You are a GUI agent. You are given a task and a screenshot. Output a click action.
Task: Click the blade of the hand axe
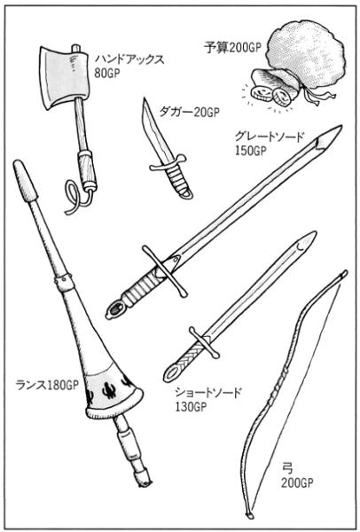click(x=64, y=76)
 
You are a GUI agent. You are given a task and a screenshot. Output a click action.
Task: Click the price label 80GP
click(x=107, y=73)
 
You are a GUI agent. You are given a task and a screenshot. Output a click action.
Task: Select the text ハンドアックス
click(x=129, y=59)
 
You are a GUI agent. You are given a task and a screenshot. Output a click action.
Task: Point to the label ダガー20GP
click(x=189, y=112)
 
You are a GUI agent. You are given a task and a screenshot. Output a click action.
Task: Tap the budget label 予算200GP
click(x=233, y=48)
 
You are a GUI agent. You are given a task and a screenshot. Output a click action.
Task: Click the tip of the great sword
click(x=341, y=126)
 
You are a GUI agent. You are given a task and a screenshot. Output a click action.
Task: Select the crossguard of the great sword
click(x=165, y=271)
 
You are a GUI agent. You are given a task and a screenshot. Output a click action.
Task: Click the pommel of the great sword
click(x=114, y=310)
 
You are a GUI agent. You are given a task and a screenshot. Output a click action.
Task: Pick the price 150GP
click(x=250, y=151)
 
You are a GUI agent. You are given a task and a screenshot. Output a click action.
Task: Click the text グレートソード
click(x=269, y=137)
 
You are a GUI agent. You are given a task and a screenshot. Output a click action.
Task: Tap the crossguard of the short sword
click(x=204, y=342)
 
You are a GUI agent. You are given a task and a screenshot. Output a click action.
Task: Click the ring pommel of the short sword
click(x=172, y=373)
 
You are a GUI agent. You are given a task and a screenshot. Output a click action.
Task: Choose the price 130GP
click(x=191, y=406)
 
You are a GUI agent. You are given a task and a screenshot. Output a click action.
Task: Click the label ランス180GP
click(x=47, y=385)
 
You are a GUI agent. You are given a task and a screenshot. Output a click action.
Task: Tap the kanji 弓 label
click(x=287, y=468)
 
